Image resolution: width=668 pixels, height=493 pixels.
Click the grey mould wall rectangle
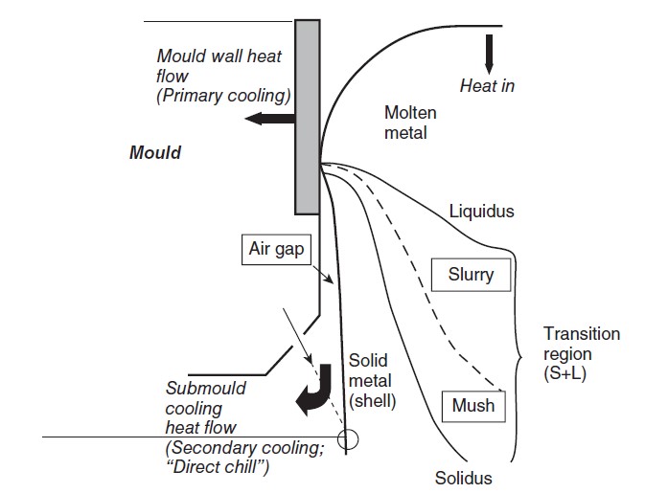coord(307,115)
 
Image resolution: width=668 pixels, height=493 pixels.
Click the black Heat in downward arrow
coord(489,53)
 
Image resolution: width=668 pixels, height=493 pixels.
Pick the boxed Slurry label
coord(471,275)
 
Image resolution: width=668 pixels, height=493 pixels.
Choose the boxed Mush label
coord(473,405)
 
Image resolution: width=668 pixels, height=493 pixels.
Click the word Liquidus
coord(483,211)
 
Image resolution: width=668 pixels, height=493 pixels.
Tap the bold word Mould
coord(155,152)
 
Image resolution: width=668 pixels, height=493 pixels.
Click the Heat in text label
coord(487,86)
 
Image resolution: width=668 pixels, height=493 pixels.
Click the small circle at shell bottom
coord(347,440)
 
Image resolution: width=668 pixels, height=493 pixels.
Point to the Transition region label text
coord(581,345)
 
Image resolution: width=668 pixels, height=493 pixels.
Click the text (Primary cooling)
coord(222,96)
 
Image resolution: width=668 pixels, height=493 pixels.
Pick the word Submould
coord(205,388)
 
